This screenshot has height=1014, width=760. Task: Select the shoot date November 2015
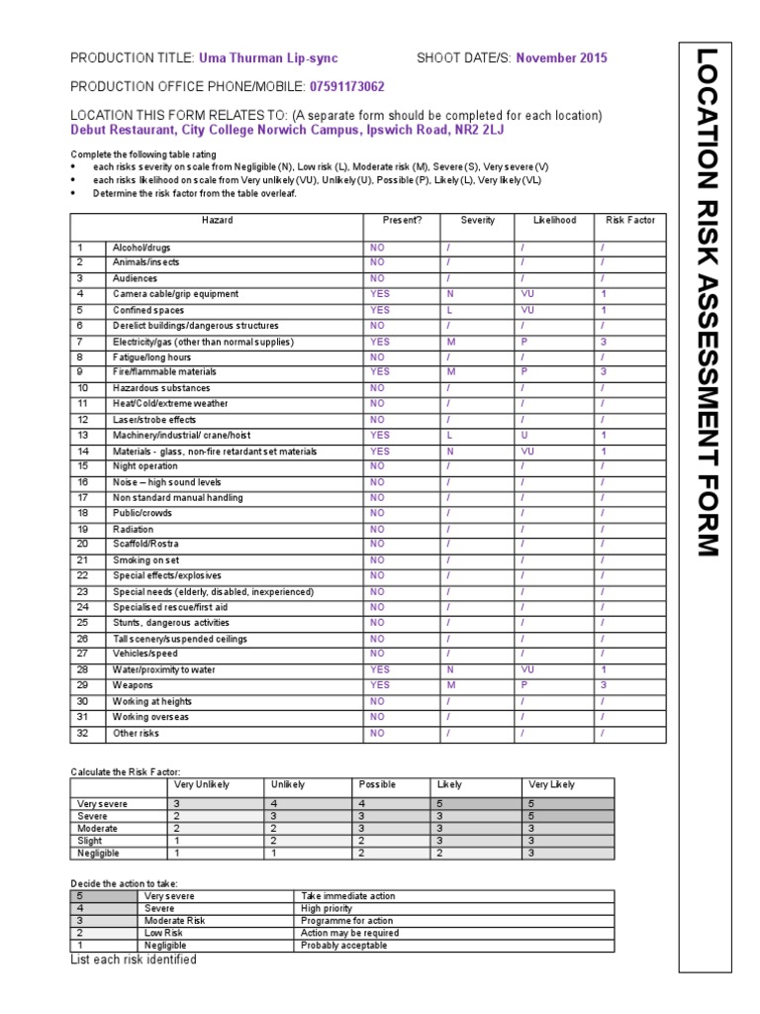pyautogui.click(x=561, y=58)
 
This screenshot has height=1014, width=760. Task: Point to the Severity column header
pyautogui.click(x=477, y=220)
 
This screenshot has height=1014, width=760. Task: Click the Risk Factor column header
pyautogui.click(x=630, y=220)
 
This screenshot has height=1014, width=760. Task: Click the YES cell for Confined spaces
pyautogui.click(x=380, y=310)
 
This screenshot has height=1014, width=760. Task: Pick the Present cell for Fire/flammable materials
pyautogui.click(x=380, y=372)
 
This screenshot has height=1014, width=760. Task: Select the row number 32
pyautogui.click(x=83, y=733)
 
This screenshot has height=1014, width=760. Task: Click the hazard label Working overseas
pyautogui.click(x=150, y=717)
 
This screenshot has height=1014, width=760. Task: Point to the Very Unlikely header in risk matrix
pyautogui.click(x=202, y=784)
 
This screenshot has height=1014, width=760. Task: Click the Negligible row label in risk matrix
pyautogui.click(x=97, y=852)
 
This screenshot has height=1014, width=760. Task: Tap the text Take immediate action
pyautogui.click(x=347, y=896)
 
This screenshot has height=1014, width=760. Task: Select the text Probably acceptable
pyautogui.click(x=344, y=946)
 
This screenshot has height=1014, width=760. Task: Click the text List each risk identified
pyautogui.click(x=134, y=960)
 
